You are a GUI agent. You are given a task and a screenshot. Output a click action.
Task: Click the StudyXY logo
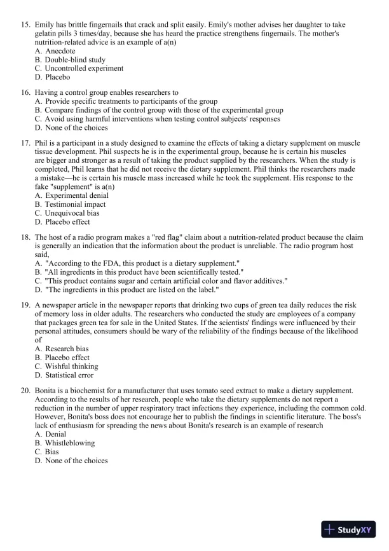(348, 529)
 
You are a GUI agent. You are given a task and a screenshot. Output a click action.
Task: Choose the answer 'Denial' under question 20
(57, 434)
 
